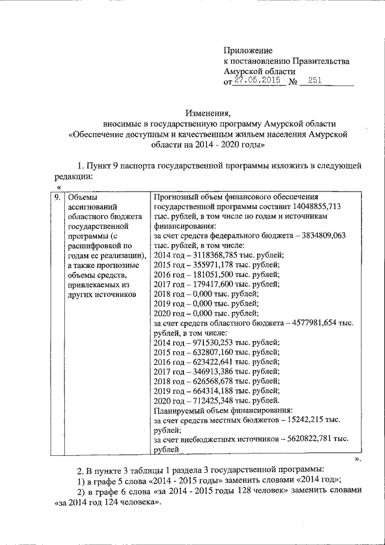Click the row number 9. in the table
[55, 197]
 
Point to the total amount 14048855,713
[315, 206]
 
